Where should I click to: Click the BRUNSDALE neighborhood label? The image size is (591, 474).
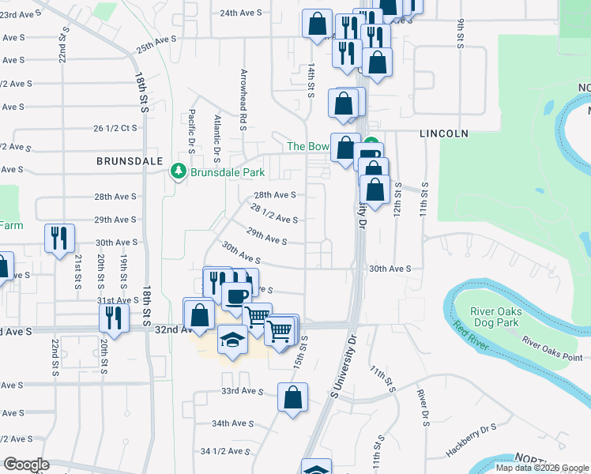122,160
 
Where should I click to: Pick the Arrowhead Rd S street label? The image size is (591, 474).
243,100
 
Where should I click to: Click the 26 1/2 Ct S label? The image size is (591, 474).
115,127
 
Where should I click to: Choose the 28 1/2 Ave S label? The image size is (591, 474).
273,213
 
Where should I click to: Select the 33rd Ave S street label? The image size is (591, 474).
242,391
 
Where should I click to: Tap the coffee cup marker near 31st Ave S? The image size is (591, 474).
235,296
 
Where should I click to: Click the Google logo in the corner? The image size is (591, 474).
26,465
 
